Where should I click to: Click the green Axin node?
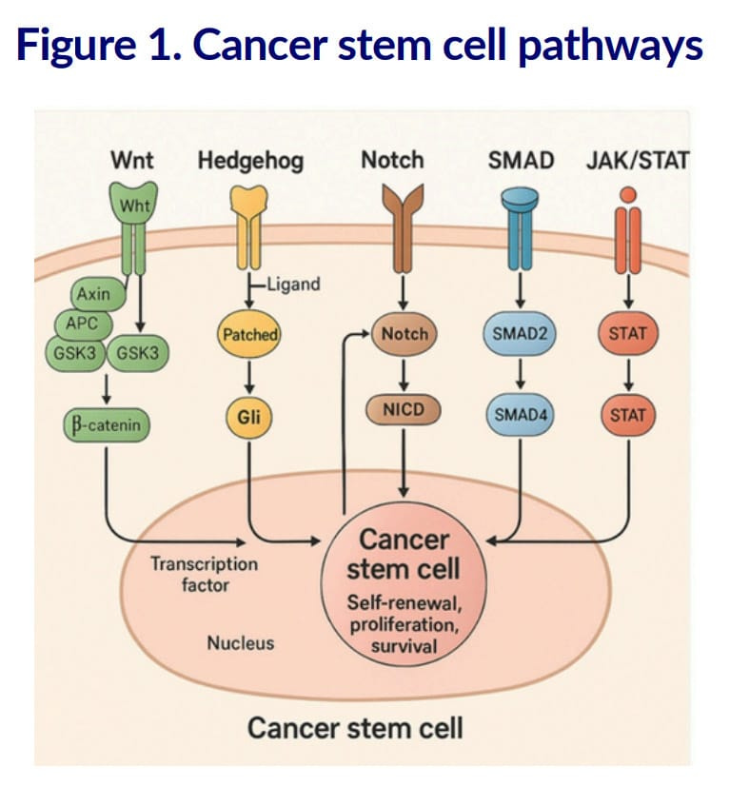(x=94, y=294)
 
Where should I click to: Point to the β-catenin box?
(x=107, y=425)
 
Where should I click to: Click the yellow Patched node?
(x=250, y=335)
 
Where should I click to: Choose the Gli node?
(x=249, y=416)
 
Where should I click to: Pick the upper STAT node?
(x=626, y=335)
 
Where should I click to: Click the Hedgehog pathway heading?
(x=250, y=160)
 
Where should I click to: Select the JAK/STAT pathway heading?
(x=637, y=160)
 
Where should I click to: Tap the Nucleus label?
(x=240, y=643)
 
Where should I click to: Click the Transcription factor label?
(x=204, y=574)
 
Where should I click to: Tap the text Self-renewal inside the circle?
(x=405, y=605)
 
